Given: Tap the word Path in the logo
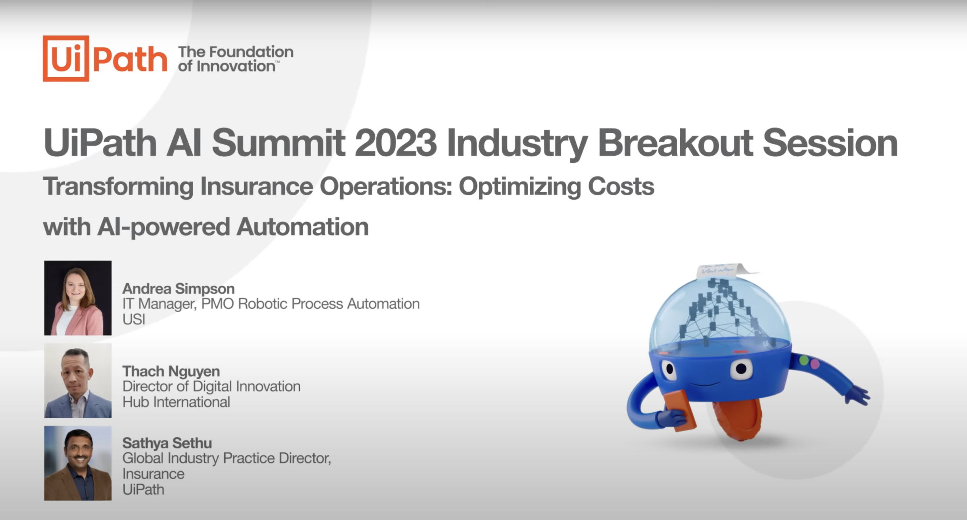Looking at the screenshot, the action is tap(130, 59).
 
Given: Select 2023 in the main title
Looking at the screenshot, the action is tap(396, 143).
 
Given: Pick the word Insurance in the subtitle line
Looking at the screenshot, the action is tap(257, 187).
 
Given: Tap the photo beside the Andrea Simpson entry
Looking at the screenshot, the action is tap(78, 298).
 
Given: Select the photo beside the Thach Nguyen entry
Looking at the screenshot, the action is tap(78, 381).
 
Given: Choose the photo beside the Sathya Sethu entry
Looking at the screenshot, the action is tap(78, 463).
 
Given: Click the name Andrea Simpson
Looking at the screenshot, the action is tap(179, 289).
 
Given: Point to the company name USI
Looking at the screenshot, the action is tap(134, 319).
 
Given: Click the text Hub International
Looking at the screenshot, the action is tap(177, 402).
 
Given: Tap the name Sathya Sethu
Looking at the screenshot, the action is tap(167, 443).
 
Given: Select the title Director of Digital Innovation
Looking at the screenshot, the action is tap(212, 386).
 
